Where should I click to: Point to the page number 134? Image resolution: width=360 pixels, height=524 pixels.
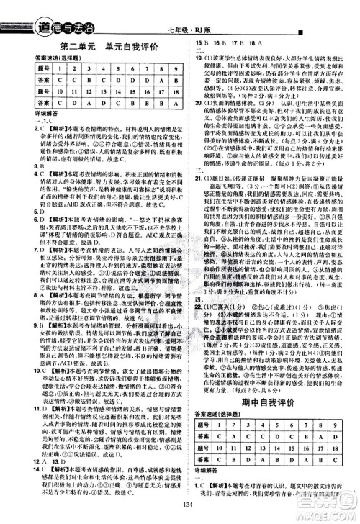180,514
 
